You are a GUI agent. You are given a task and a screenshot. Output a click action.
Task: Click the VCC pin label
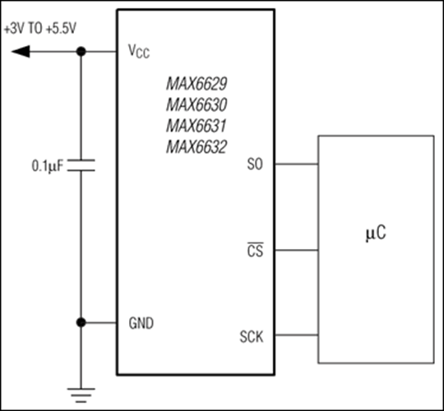pyautogui.click(x=139, y=51)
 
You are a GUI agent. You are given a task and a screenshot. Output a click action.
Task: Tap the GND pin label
pyautogui.click(x=141, y=323)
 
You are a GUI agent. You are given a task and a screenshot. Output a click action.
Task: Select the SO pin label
pyautogui.click(x=255, y=164)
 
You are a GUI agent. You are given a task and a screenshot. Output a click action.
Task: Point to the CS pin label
pyautogui.click(x=255, y=250)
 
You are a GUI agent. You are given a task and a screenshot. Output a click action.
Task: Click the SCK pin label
pyautogui.click(x=252, y=336)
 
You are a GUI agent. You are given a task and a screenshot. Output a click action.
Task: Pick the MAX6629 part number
pyautogui.click(x=197, y=84)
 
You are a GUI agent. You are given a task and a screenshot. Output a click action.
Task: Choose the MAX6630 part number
pyautogui.click(x=197, y=104)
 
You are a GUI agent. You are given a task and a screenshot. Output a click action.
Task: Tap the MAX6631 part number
pyautogui.click(x=196, y=126)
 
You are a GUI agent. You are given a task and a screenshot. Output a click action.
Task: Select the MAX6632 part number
pyautogui.click(x=197, y=147)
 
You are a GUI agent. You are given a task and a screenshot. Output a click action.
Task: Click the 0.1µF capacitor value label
pyautogui.click(x=48, y=166)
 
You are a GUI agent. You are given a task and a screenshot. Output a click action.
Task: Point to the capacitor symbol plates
pyautogui.click(x=81, y=165)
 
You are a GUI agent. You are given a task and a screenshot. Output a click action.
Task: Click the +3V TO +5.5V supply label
pyautogui.click(x=40, y=29)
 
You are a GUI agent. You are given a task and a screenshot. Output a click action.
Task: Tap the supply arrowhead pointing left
pyautogui.click(x=21, y=52)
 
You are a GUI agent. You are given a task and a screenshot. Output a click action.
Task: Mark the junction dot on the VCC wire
pyautogui.click(x=81, y=52)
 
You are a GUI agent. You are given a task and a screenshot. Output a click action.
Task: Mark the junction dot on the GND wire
pyautogui.click(x=81, y=322)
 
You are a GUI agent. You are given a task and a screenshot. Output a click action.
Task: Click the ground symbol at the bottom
pyautogui.click(x=81, y=395)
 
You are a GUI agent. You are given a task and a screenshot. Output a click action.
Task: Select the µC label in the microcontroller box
pyautogui.click(x=376, y=233)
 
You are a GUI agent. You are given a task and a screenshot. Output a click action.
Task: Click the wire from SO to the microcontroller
pyautogui.click(x=297, y=164)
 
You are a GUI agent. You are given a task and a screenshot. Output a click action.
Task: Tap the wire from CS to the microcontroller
pyautogui.click(x=297, y=250)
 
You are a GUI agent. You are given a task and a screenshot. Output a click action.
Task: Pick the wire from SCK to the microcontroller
pyautogui.click(x=297, y=335)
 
